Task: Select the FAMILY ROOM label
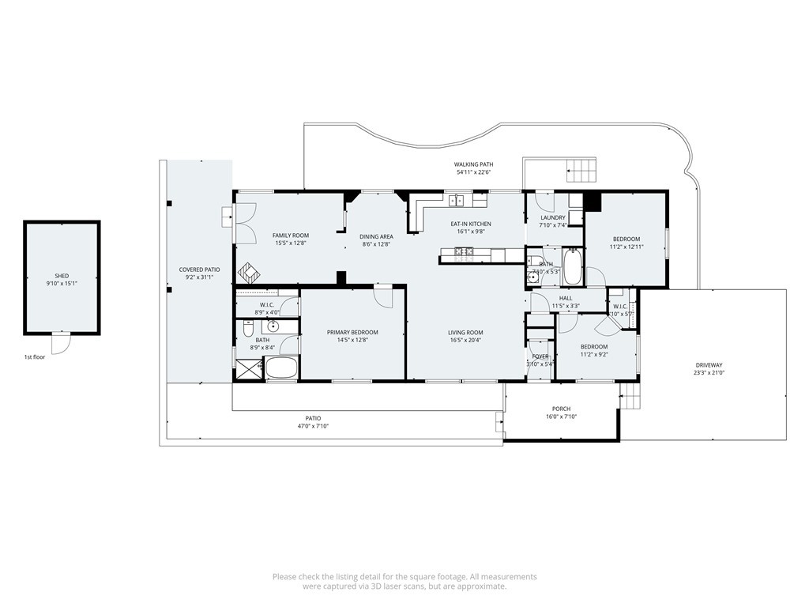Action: coord(290,236)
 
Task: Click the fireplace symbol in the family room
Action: coord(250,272)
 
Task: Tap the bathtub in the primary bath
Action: coord(280,368)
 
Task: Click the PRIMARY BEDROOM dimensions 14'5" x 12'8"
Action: coord(352,340)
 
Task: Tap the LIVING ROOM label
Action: coord(465,332)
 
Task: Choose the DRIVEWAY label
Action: coord(708,365)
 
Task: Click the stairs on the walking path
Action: coord(581,168)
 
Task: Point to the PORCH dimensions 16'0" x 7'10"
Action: coord(560,417)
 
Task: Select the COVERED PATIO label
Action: coord(199,270)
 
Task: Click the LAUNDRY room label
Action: coord(552,217)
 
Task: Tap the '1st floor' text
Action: coord(35,357)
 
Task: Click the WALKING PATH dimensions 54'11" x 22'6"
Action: coord(473,172)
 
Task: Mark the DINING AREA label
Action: coord(376,236)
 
